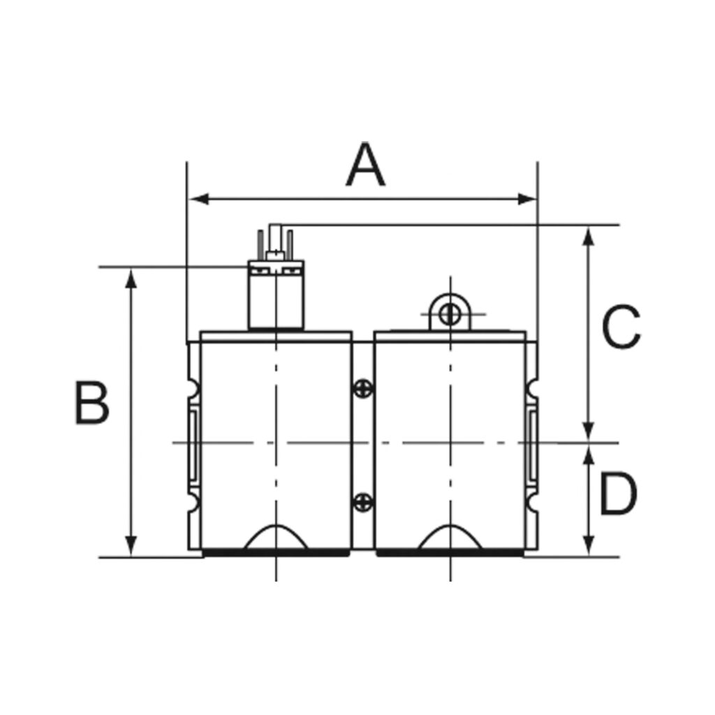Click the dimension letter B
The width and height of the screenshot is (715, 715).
pos(92,404)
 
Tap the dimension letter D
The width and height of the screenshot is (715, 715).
pos(619,494)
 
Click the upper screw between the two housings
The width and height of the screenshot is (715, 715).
pos(363,388)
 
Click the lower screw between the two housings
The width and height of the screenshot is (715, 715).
pos(363,501)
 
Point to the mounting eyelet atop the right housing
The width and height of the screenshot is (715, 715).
pos(450,312)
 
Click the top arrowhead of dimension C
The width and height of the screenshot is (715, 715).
pos(589,235)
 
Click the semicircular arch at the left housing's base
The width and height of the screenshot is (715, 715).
pos(277,538)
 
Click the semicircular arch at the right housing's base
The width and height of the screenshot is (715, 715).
pos(450,538)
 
